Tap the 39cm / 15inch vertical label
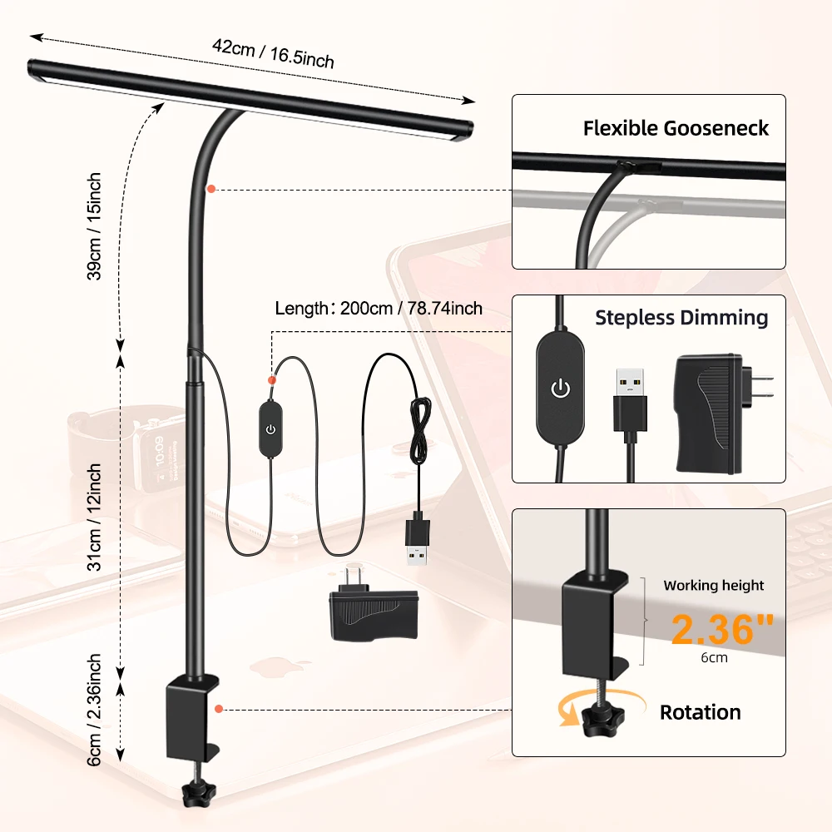(96, 226)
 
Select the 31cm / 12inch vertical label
(96, 516)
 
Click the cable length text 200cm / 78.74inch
(379, 309)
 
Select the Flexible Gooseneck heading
(676, 128)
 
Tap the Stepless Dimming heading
(681, 317)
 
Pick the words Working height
(713, 585)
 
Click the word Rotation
(700, 712)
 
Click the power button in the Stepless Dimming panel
(561, 387)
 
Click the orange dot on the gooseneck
(212, 189)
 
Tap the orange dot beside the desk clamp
(218, 709)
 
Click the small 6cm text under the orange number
(713, 657)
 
